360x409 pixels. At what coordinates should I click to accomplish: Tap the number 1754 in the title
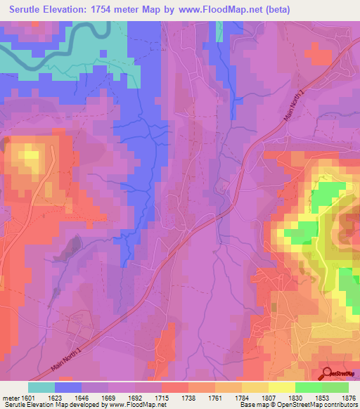click(112, 10)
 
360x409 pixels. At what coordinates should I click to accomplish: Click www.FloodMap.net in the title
click(217, 10)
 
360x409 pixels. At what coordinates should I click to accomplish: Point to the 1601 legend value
click(28, 397)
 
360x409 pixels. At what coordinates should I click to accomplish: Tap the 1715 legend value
click(161, 397)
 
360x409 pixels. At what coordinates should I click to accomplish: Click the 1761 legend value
click(214, 397)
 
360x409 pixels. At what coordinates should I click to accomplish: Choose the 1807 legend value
click(268, 397)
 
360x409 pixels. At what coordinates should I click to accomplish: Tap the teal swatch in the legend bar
click(41, 387)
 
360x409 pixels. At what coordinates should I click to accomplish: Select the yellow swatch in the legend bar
click(281, 387)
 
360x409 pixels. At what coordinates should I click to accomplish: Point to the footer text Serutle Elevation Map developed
click(42, 405)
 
